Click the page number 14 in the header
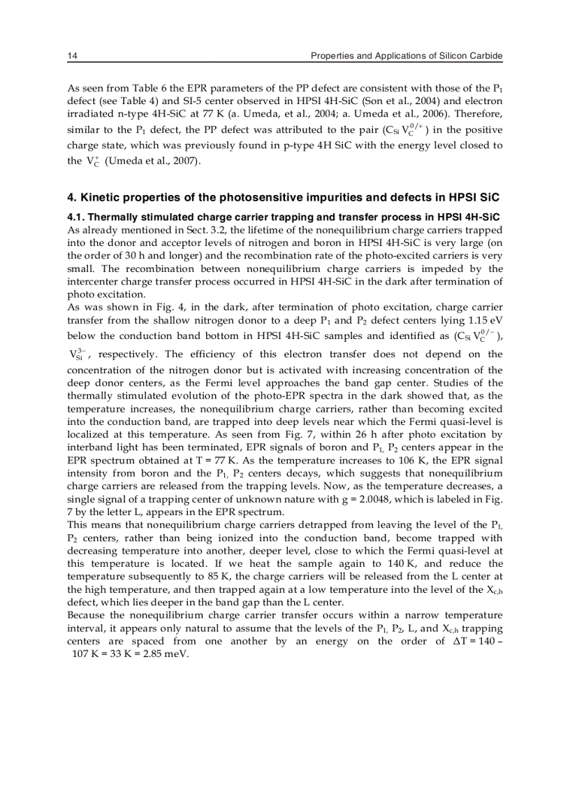pos(71,55)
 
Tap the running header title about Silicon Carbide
pos(407,55)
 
